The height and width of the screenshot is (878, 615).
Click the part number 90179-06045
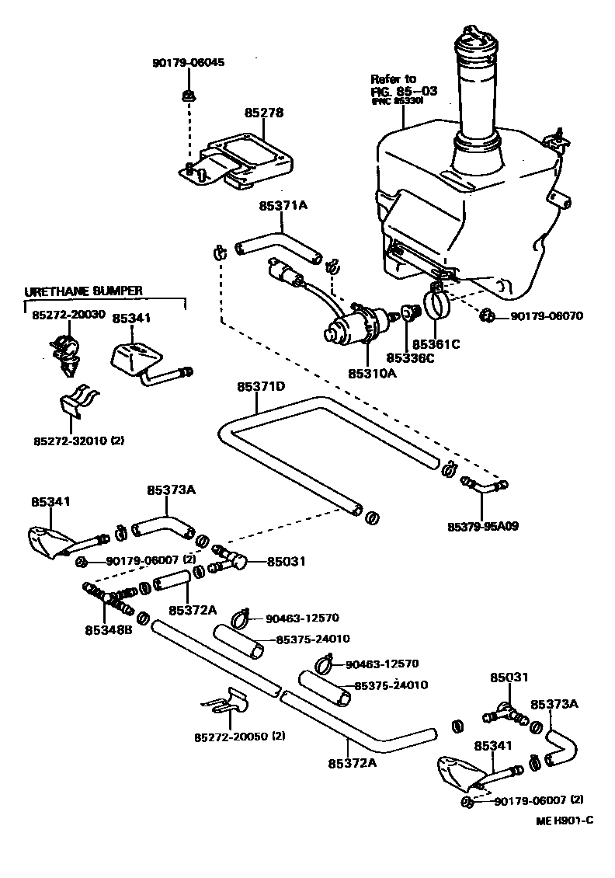(188, 62)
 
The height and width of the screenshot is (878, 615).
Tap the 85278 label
(264, 113)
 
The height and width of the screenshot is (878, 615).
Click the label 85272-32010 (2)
(78, 440)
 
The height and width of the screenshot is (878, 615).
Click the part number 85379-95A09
(482, 526)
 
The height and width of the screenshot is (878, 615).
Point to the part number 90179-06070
(546, 316)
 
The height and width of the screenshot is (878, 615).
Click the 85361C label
(436, 343)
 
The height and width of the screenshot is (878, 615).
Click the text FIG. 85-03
(403, 90)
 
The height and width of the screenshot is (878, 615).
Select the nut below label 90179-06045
(186, 96)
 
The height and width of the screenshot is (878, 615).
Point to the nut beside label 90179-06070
(486, 315)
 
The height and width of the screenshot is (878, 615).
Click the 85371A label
(283, 206)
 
